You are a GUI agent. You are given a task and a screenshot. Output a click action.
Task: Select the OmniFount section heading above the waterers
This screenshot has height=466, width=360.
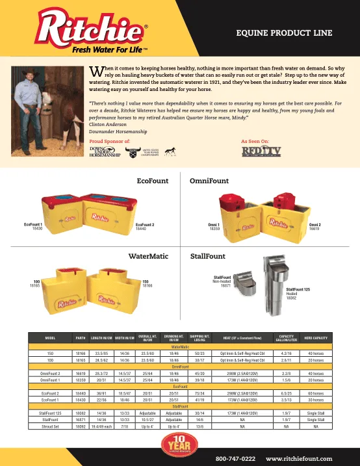pos(208,181)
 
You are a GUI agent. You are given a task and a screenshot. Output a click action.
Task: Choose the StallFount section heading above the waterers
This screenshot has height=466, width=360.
pos(207,256)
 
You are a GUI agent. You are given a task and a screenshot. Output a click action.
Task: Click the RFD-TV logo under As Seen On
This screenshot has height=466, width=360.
pos(255,151)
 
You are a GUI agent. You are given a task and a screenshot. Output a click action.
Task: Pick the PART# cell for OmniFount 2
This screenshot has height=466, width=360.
pos(81,374)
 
